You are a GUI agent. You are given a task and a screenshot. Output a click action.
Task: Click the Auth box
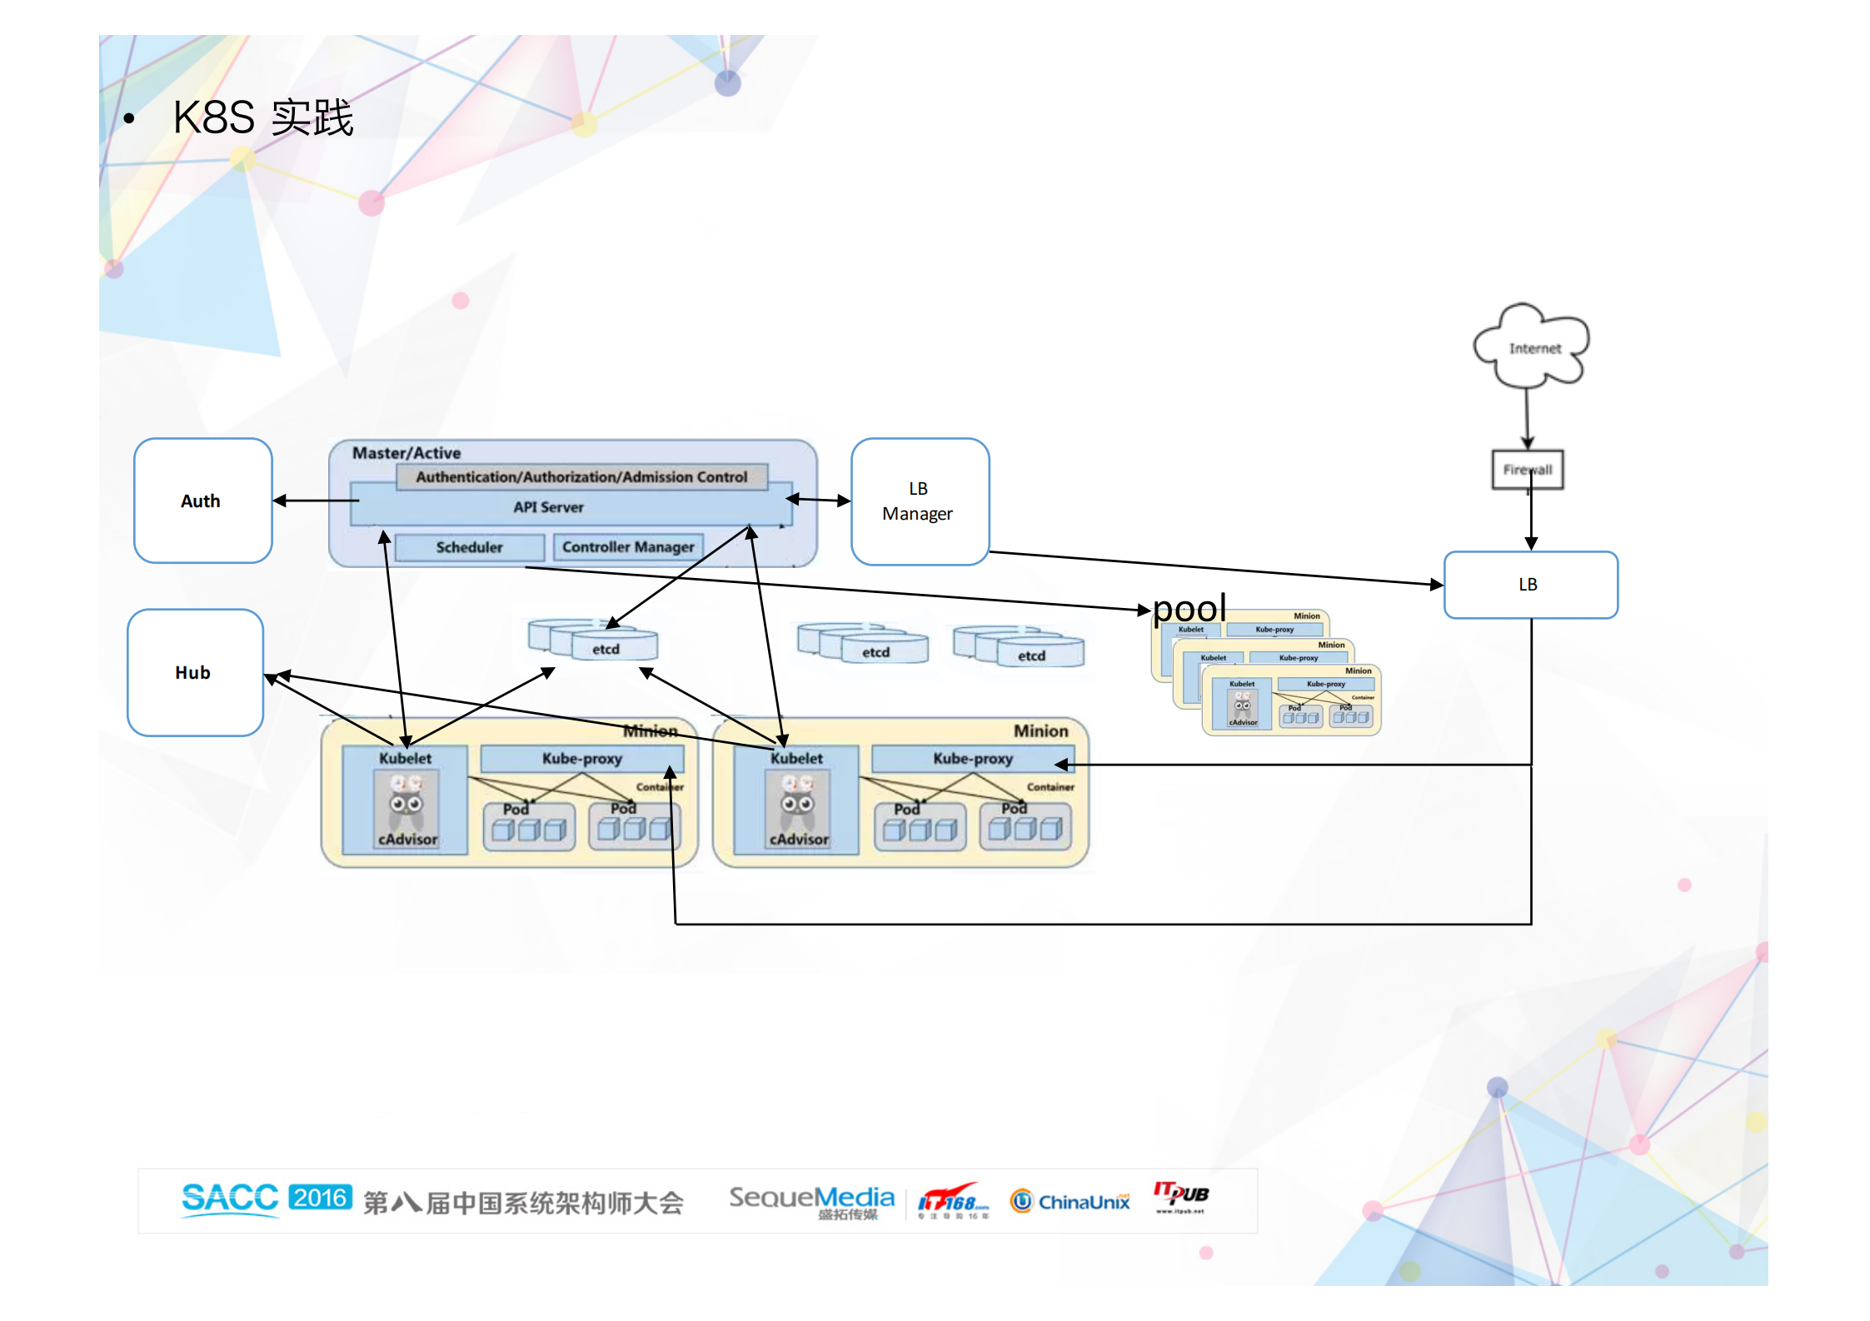tap(202, 501)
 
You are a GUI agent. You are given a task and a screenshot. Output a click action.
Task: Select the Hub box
tap(195, 672)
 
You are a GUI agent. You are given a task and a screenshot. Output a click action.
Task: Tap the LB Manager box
tap(920, 501)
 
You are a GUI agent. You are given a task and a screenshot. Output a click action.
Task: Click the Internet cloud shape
tap(1533, 347)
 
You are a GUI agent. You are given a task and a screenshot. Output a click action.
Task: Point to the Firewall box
tap(1527, 470)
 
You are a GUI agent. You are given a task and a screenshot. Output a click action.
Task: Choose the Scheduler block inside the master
tap(469, 547)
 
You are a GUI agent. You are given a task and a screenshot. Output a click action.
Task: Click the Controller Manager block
tap(628, 547)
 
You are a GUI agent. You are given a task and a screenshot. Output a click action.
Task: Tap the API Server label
tap(548, 507)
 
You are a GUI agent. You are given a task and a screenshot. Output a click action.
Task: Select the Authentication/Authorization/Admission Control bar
tap(581, 477)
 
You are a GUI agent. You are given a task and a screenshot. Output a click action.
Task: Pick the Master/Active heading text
tap(406, 453)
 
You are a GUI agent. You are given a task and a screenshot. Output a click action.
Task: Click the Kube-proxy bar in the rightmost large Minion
tap(972, 759)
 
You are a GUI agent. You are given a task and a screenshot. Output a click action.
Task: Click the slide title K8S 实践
tap(262, 117)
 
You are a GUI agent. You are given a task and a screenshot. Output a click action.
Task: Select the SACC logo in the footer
tap(229, 1199)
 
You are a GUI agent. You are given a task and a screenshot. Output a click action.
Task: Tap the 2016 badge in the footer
tap(320, 1198)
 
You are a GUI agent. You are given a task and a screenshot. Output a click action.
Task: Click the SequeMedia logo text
tap(811, 1199)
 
